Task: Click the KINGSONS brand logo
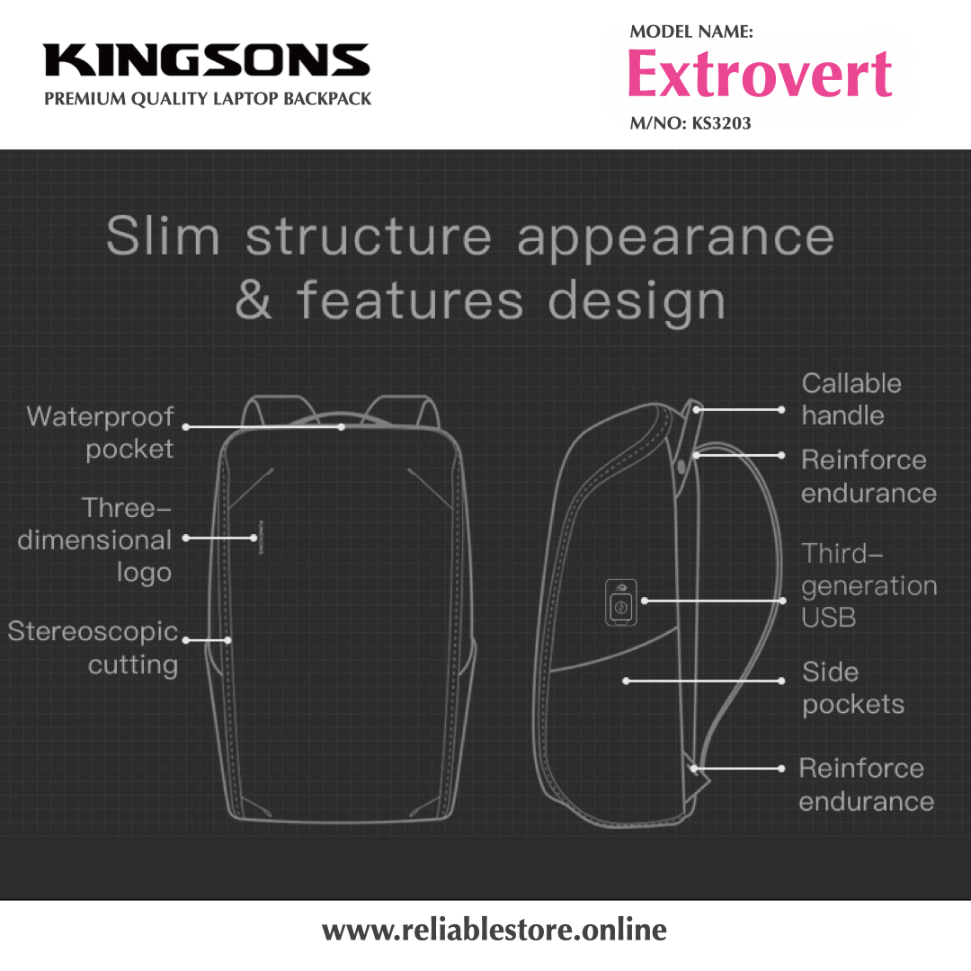(x=207, y=61)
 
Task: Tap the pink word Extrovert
(x=760, y=75)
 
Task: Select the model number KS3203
(x=721, y=123)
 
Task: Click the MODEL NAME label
(x=690, y=32)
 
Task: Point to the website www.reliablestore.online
(x=494, y=930)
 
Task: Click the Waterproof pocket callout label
(x=101, y=432)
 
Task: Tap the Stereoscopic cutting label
(x=94, y=648)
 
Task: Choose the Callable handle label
(x=851, y=399)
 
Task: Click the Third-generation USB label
(x=869, y=585)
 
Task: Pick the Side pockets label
(x=852, y=689)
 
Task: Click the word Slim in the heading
(x=163, y=237)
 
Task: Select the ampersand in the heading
(x=254, y=300)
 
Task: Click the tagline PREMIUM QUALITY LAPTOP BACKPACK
(x=208, y=99)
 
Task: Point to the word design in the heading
(x=637, y=302)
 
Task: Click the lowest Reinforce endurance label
(x=866, y=785)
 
